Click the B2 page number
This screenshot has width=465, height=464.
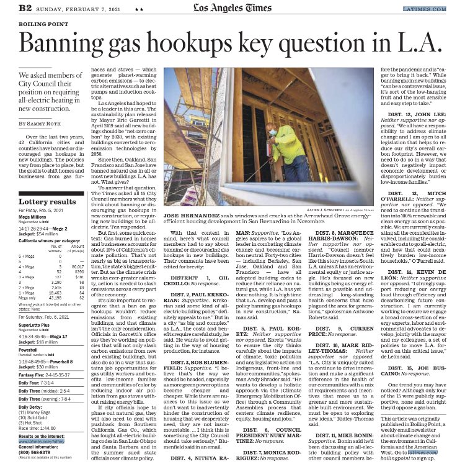pyautogui.click(x=26, y=8)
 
